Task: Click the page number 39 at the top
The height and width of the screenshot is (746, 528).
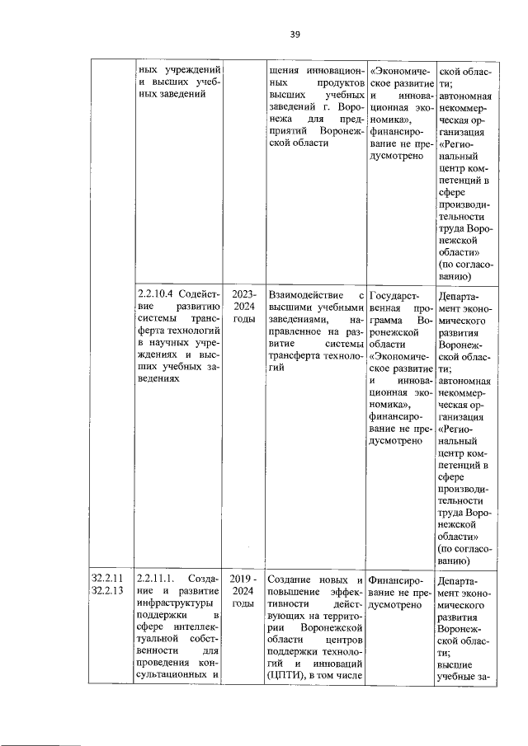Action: pos(295,34)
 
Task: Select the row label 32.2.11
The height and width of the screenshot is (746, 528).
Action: pos(108,577)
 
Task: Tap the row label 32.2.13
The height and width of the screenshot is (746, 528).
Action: pos(108,590)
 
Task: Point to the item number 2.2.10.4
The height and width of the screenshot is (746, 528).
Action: pos(160,293)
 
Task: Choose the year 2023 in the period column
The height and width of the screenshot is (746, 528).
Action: pos(244,293)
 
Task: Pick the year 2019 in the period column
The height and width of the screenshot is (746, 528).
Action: pos(239,577)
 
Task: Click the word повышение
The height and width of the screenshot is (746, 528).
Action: pos(297,590)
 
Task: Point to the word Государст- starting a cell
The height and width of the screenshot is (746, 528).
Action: pos(394,293)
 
